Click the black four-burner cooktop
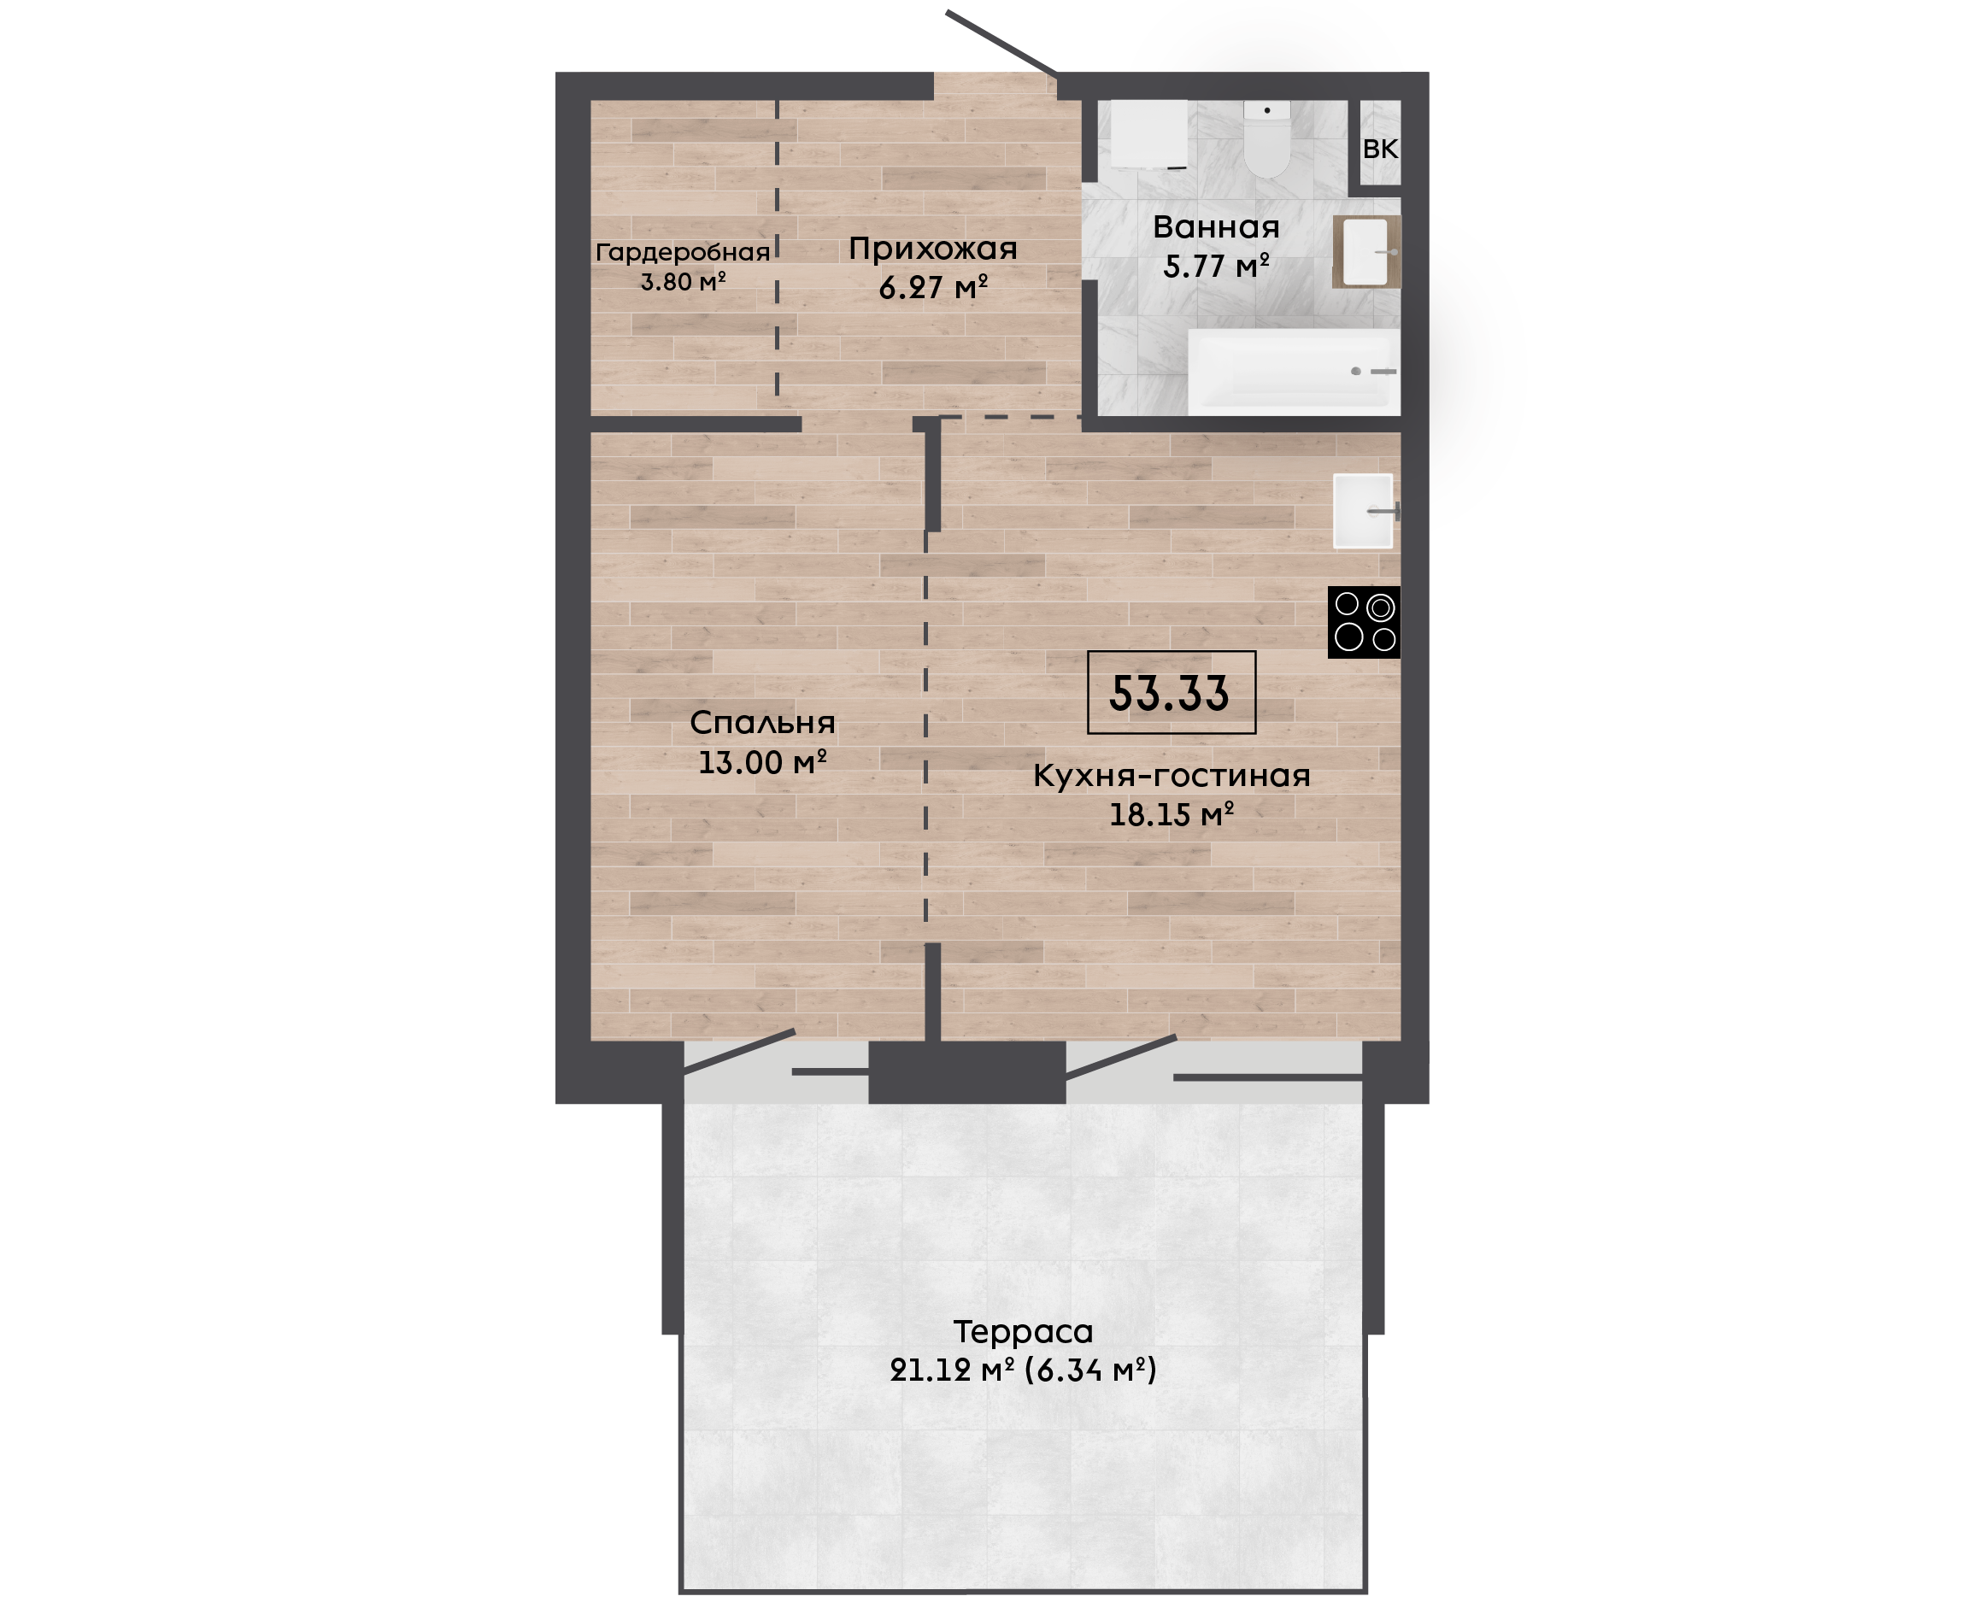[1363, 622]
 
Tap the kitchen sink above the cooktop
[1363, 511]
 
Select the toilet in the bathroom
[1266, 139]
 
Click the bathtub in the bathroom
[1294, 372]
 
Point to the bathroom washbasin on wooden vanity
[1366, 252]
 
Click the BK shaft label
[1381, 149]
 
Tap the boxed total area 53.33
[1171, 693]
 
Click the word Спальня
[762, 723]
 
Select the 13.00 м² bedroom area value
[762, 762]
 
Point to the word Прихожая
[933, 249]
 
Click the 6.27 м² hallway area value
[933, 288]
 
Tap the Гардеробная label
[683, 253]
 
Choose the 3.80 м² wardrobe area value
[683, 281]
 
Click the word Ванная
[1216, 227]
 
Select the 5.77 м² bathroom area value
[1216, 267]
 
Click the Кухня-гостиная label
[1171, 776]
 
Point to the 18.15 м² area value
[1171, 815]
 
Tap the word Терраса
[1023, 1332]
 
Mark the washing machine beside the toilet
[1149, 135]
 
